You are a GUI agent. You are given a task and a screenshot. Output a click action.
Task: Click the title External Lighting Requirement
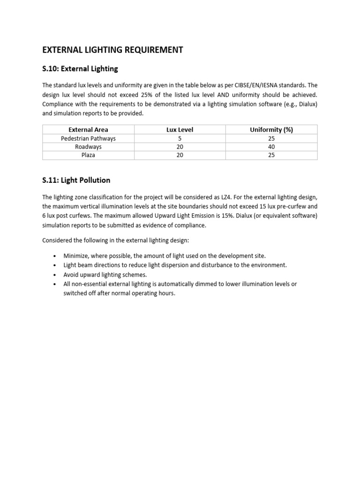[112, 50]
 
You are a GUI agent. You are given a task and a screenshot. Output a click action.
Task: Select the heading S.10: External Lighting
[80, 69]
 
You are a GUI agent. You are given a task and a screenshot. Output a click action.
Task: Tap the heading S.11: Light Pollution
[76, 180]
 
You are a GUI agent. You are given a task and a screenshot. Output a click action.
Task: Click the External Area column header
[88, 130]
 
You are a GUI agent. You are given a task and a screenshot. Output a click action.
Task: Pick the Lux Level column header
[180, 130]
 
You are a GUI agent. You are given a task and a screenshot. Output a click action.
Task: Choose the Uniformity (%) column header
[271, 130]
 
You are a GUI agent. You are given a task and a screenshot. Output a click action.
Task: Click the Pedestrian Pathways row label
[88, 138]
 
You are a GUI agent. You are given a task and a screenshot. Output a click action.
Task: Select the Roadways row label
[88, 147]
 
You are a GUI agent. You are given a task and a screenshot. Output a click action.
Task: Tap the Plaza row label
[88, 155]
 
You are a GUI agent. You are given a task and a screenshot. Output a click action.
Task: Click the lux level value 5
[180, 138]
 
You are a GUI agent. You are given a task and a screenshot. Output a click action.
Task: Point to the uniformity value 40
[271, 147]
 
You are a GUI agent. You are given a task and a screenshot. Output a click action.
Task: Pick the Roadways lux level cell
[180, 147]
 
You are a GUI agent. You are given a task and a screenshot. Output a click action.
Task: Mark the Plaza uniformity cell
[271, 155]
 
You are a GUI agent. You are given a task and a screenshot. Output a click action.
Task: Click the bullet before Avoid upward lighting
[55, 275]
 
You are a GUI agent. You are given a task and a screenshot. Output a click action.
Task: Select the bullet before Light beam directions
[55, 265]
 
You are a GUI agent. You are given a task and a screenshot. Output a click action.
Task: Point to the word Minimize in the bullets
[76, 256]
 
